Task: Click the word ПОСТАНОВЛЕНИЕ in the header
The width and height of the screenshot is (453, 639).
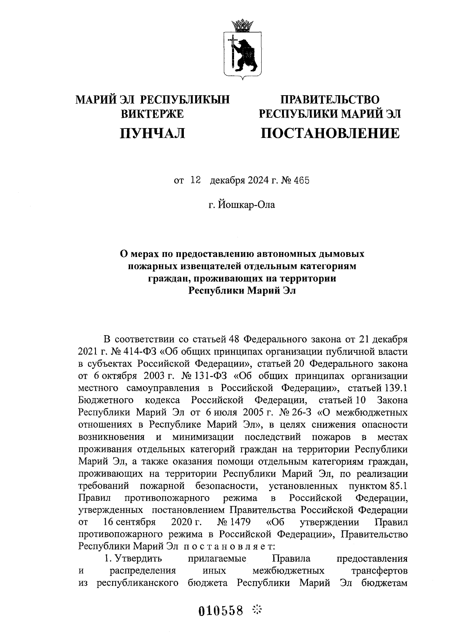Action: (x=330, y=133)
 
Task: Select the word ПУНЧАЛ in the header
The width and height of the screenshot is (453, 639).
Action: (x=152, y=133)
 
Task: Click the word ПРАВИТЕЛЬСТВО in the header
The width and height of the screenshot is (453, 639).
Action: (x=330, y=100)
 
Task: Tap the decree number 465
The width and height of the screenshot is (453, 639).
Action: (x=302, y=180)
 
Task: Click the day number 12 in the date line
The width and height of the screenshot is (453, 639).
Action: (x=195, y=180)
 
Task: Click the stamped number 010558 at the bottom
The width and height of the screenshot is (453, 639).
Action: (x=221, y=610)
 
